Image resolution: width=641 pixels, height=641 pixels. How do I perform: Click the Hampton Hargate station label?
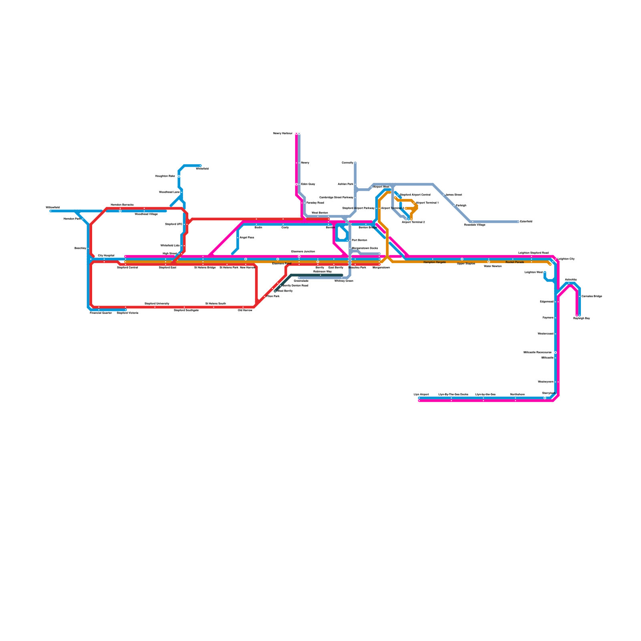(434, 262)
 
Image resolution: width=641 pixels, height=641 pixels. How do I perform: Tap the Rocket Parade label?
(514, 262)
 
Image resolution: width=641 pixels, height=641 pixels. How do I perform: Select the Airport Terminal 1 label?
(427, 203)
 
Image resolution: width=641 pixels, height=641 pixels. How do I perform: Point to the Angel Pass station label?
(246, 238)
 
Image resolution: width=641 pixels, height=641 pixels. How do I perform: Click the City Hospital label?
(106, 256)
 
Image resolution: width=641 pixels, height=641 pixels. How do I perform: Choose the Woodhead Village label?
(146, 214)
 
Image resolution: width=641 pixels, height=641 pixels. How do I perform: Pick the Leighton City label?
(566, 259)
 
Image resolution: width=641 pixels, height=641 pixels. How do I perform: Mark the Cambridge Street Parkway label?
(336, 198)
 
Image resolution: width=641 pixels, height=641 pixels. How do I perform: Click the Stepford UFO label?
(173, 224)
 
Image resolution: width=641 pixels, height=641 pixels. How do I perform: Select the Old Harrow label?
(245, 310)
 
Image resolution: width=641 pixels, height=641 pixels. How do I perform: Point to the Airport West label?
(381, 187)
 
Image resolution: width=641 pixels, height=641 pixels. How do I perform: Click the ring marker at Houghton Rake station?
(179, 176)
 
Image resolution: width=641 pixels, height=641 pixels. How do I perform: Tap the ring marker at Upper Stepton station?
(462, 259)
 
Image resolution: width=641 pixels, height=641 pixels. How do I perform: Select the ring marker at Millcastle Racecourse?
(555, 353)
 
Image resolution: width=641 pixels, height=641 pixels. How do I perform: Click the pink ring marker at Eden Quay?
(296, 184)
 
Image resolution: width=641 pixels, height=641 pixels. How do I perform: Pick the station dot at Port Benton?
(347, 240)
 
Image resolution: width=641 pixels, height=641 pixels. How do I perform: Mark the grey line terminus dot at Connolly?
(355, 163)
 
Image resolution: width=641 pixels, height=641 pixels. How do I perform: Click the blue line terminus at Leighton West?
(545, 273)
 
